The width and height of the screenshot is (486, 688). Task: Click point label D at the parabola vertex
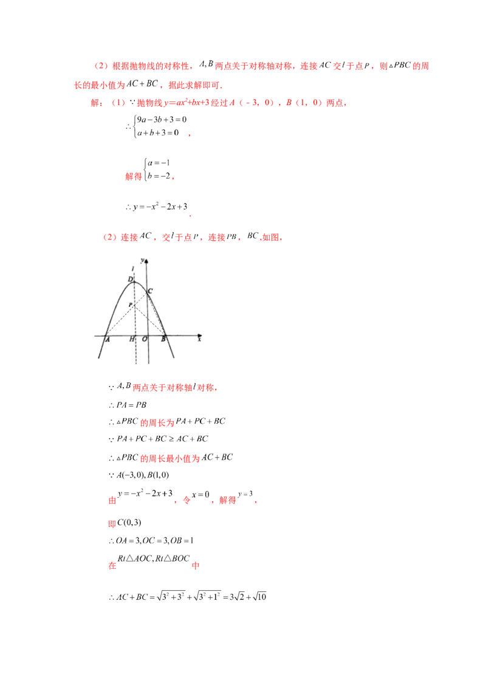click(x=130, y=279)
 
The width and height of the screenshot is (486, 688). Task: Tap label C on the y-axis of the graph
click(x=151, y=291)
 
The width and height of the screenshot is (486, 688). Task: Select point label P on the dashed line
click(x=130, y=305)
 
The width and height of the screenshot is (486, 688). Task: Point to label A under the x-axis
click(x=108, y=339)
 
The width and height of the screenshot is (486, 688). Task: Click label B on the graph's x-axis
click(x=163, y=339)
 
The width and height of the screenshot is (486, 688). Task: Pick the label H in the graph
click(x=132, y=339)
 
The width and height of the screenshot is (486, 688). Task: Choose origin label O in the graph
click(x=145, y=339)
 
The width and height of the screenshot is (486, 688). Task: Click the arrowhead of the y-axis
click(x=146, y=261)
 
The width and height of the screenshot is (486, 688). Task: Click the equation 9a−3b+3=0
click(x=162, y=119)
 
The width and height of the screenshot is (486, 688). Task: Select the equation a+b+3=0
click(x=158, y=132)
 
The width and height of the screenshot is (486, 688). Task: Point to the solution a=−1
click(x=159, y=163)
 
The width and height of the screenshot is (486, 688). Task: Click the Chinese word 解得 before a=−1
click(x=134, y=176)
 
